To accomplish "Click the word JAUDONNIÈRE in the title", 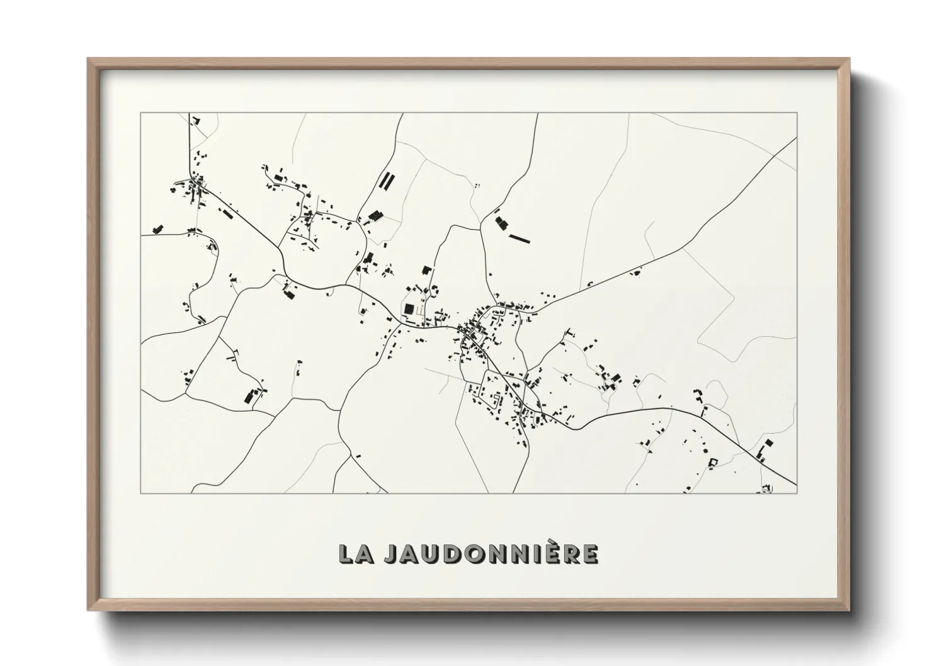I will (x=490, y=553).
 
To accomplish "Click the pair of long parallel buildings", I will (x=385, y=182).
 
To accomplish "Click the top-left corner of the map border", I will (x=141, y=113).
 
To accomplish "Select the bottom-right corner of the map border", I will (x=797, y=493).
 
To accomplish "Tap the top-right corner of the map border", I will (x=797, y=113).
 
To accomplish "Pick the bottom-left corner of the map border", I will (x=141, y=493).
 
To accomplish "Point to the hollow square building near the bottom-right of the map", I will (x=713, y=463).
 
